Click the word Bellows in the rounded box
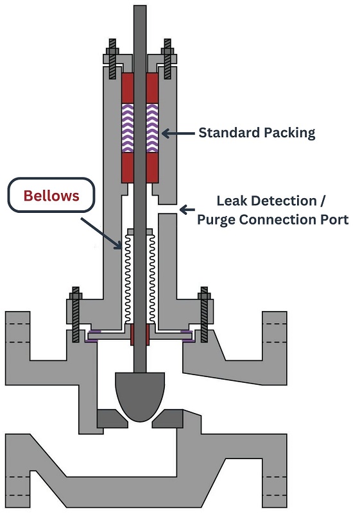[51, 196]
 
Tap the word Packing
[289, 133]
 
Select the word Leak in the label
[229, 201]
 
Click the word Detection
[282, 201]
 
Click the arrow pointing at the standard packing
[178, 133]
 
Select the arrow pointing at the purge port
[187, 210]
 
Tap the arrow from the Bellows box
[101, 233]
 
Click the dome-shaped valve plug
[140, 396]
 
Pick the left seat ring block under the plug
[112, 419]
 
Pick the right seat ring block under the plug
[168, 419]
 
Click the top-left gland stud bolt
[112, 59]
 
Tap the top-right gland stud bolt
[167, 59]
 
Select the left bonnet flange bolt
[76, 314]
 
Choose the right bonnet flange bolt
[204, 314]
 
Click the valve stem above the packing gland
[140, 33]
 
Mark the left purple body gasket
[93, 336]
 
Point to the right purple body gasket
[187, 336]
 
